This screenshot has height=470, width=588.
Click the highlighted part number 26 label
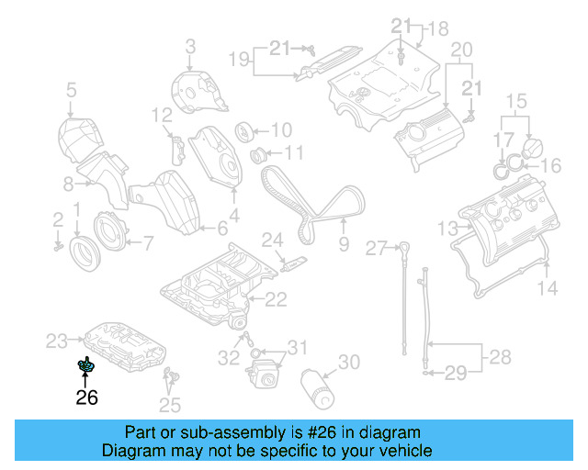[86, 397]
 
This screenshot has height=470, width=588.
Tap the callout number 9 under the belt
[344, 244]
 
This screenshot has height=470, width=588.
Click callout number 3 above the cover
[191, 45]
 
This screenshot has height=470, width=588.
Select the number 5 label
[71, 90]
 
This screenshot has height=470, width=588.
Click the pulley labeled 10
[245, 129]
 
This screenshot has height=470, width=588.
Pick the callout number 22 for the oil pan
[276, 298]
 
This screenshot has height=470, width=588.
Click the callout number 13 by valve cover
[447, 228]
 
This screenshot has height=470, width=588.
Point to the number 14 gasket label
[547, 288]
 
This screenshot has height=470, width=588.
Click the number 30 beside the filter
[348, 363]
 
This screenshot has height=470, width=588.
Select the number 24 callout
[272, 241]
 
